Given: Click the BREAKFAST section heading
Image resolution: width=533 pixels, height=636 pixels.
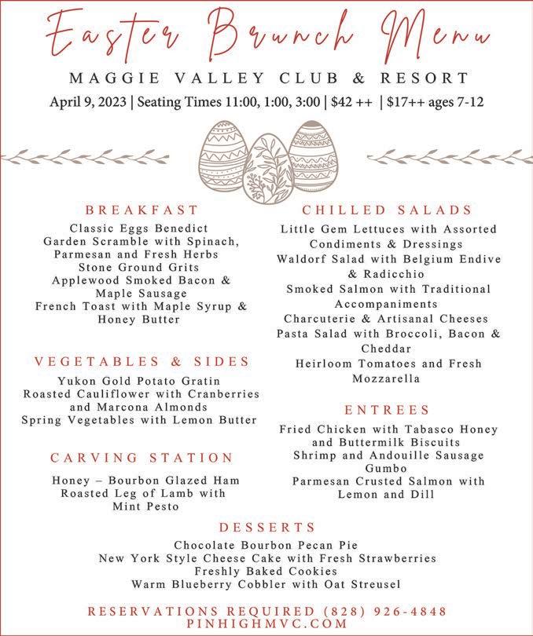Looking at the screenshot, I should (x=142, y=210).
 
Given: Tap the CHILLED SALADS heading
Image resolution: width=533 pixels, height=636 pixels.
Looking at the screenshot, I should (x=388, y=210).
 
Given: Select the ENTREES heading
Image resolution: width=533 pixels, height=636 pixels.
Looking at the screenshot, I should (x=388, y=410).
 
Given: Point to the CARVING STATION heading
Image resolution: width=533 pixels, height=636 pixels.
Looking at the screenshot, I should (x=142, y=457).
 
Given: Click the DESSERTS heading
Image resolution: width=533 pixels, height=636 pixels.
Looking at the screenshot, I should (x=267, y=527).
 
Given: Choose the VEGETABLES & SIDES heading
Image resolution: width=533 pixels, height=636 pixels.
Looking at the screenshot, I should (x=142, y=362).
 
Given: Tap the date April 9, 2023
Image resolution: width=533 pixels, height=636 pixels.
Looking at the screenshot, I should (x=85, y=103).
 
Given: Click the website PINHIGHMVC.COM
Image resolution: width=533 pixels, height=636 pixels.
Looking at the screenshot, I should (x=267, y=623).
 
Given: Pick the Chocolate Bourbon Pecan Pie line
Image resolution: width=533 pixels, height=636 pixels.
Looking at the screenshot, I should (x=266, y=545).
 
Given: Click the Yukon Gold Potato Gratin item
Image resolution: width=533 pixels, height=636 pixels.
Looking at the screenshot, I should (x=142, y=381).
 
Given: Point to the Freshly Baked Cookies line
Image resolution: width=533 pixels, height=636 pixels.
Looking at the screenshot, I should (x=266, y=572).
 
